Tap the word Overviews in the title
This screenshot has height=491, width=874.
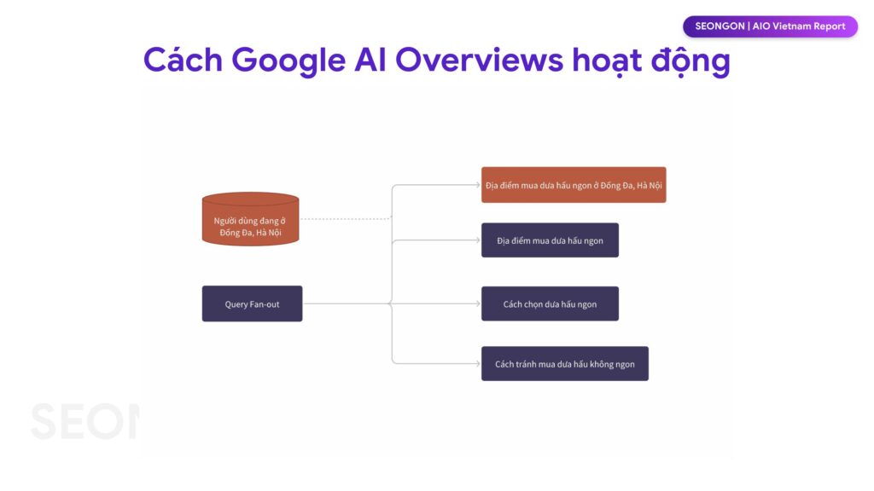[480, 59]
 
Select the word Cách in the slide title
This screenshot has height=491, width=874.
[183, 59]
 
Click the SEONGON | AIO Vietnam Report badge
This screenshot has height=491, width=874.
[770, 26]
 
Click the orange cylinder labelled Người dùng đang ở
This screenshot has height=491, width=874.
[250, 219]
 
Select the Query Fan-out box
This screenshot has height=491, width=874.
[252, 303]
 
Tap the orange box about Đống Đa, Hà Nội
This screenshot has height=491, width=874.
[574, 185]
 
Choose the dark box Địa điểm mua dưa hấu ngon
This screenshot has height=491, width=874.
[550, 240]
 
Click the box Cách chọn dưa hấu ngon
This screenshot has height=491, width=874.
[550, 303]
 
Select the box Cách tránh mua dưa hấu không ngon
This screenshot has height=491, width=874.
[565, 363]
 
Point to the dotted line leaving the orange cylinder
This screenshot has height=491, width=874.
[346, 219]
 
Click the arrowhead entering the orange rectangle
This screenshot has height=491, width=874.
[478, 185]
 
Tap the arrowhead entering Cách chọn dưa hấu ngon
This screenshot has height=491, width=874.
[478, 303]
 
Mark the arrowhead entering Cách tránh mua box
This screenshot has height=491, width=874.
[478, 363]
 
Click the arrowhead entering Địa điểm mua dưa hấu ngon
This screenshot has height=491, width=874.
[478, 240]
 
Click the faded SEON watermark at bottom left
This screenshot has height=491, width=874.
[84, 421]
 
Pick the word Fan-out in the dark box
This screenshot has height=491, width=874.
[265, 304]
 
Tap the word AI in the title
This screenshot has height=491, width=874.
[370, 59]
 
